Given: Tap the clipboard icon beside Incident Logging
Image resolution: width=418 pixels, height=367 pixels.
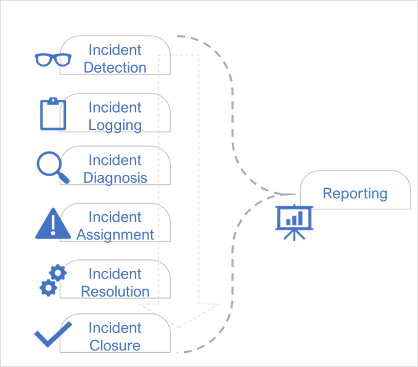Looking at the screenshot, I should coord(52,114).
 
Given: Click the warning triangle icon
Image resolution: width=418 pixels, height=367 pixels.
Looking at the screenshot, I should coord(54,224).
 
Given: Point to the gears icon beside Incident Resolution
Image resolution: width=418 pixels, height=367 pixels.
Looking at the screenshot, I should coord(52,280).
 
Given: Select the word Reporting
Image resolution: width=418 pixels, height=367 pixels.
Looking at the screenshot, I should coord(355,193).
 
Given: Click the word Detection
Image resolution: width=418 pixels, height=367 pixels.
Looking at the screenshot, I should coord(115,67).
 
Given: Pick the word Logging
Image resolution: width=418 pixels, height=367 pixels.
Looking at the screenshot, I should coord(115,125).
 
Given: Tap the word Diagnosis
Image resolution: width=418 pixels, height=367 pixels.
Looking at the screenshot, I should coord(115,178).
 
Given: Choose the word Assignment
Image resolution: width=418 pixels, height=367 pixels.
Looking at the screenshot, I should coord(115,235).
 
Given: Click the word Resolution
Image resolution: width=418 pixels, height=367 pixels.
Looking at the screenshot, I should coord(115,291).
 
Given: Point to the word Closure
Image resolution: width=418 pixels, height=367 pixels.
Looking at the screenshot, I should coord(115,345).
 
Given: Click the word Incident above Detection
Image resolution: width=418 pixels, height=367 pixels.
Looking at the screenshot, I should coord(115,50).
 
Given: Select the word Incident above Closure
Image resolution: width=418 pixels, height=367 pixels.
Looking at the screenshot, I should coord(115,328).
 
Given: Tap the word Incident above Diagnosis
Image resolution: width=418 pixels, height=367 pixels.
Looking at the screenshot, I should coord(115,161).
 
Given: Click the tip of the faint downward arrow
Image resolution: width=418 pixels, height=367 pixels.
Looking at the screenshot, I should coord(179,326).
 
